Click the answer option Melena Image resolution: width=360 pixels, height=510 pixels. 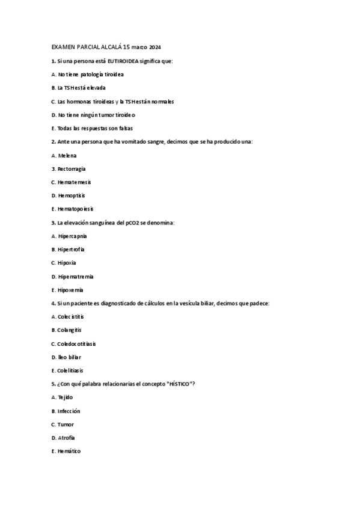(x=67, y=155)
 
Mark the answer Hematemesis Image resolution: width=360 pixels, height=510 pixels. (x=75, y=182)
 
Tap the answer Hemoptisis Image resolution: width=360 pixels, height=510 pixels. (x=72, y=195)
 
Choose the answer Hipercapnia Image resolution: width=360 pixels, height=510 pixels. (x=73, y=236)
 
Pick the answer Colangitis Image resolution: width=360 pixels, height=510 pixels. (x=69, y=330)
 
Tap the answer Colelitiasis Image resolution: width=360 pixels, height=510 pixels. (x=70, y=370)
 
